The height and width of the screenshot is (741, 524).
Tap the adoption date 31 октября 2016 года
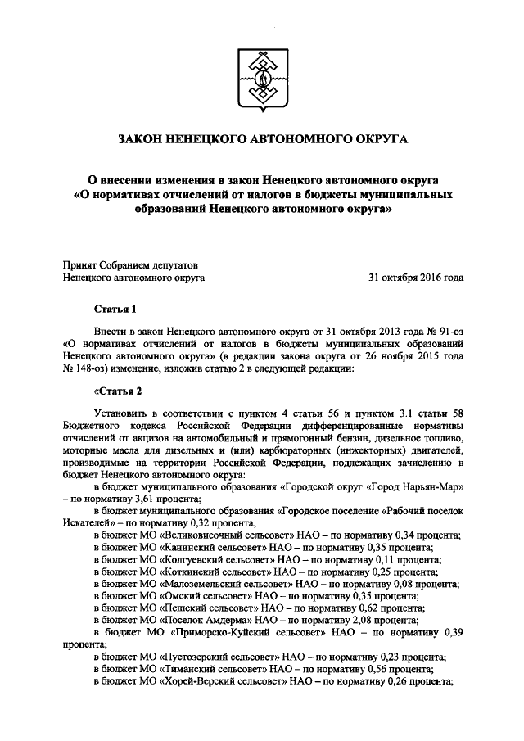click(416, 278)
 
